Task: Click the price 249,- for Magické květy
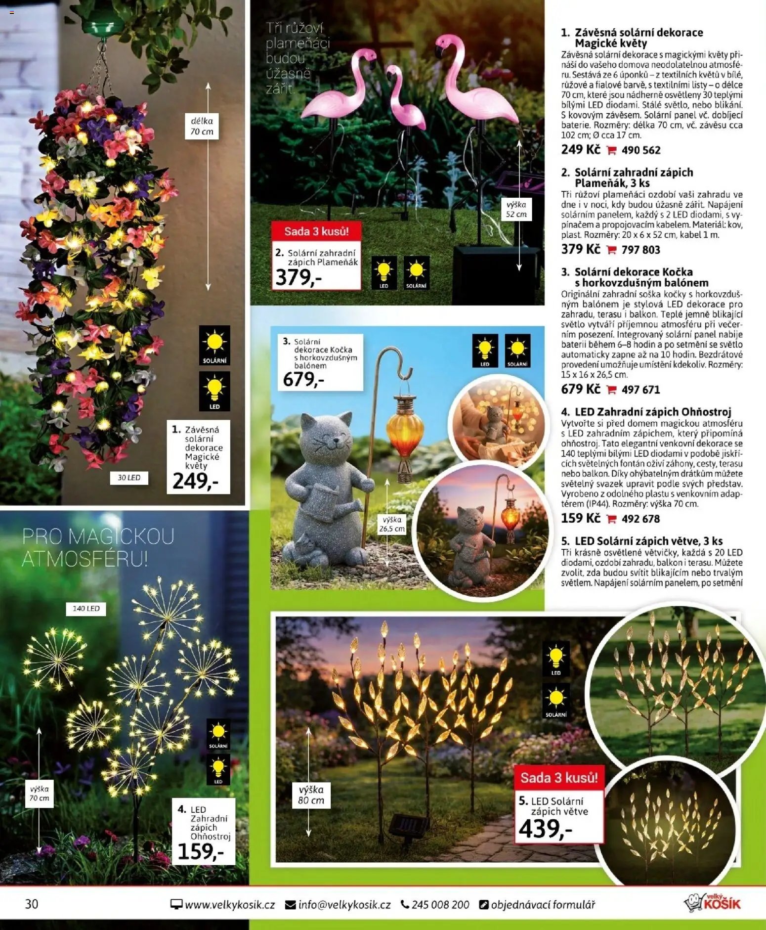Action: point(195,481)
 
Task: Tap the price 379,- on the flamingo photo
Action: point(298,277)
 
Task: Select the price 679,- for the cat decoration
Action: point(303,379)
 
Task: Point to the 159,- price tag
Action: point(200,851)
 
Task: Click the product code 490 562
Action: point(640,150)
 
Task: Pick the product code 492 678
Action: point(640,519)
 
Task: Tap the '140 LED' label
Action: point(86,609)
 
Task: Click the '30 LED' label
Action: point(129,478)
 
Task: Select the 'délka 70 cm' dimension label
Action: point(202,126)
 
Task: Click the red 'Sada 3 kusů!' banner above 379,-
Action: point(316,231)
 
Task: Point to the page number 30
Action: point(32,904)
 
